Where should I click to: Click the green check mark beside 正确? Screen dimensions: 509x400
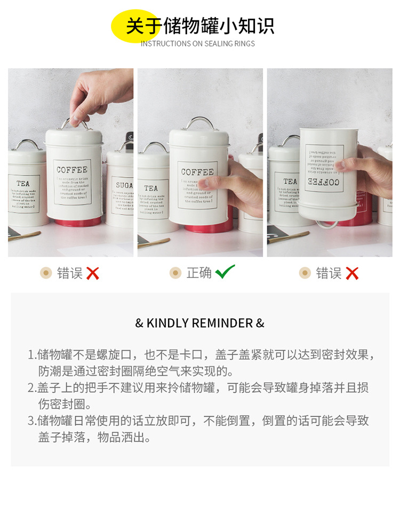pos(225,272)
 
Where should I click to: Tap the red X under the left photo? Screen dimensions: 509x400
pos(93,274)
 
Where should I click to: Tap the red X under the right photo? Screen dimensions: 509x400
pos(351,274)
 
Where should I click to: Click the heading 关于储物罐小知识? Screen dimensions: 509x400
pos(200,26)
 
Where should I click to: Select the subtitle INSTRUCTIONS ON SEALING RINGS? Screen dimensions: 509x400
pos(198,44)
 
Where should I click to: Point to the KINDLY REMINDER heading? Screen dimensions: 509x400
pos(200,323)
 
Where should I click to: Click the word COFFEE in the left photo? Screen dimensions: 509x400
pos(72,170)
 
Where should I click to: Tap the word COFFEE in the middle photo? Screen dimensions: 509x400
pos(197,172)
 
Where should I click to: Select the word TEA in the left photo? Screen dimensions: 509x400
pos(23,184)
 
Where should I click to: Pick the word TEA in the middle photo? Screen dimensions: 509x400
pos(151,188)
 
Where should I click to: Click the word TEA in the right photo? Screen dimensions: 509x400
pos(290,181)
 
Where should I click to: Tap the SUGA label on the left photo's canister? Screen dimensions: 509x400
pos(124,185)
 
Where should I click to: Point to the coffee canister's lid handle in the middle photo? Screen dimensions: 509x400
pos(199,123)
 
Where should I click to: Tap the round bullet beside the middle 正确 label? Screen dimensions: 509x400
pos(175,273)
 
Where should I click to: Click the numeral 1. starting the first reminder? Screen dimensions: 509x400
pos(31,355)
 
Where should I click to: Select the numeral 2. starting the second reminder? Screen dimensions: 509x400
pos(31,388)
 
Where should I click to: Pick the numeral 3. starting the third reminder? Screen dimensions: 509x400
pos(31,421)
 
